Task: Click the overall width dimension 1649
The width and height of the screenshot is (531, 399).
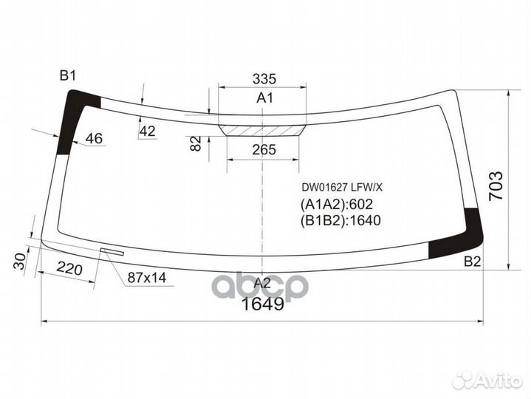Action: (263, 304)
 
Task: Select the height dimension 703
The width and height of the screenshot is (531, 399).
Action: (496, 187)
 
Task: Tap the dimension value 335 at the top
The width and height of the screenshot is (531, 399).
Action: (264, 79)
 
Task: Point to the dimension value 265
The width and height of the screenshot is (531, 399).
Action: (264, 150)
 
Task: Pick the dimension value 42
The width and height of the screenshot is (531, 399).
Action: (148, 132)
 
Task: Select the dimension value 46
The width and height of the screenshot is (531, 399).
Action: (94, 138)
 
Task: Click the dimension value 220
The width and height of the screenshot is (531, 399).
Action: (69, 269)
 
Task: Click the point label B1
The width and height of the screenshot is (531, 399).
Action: (68, 75)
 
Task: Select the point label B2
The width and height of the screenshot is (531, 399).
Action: (472, 262)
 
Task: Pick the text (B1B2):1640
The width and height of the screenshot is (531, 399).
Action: (340, 220)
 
